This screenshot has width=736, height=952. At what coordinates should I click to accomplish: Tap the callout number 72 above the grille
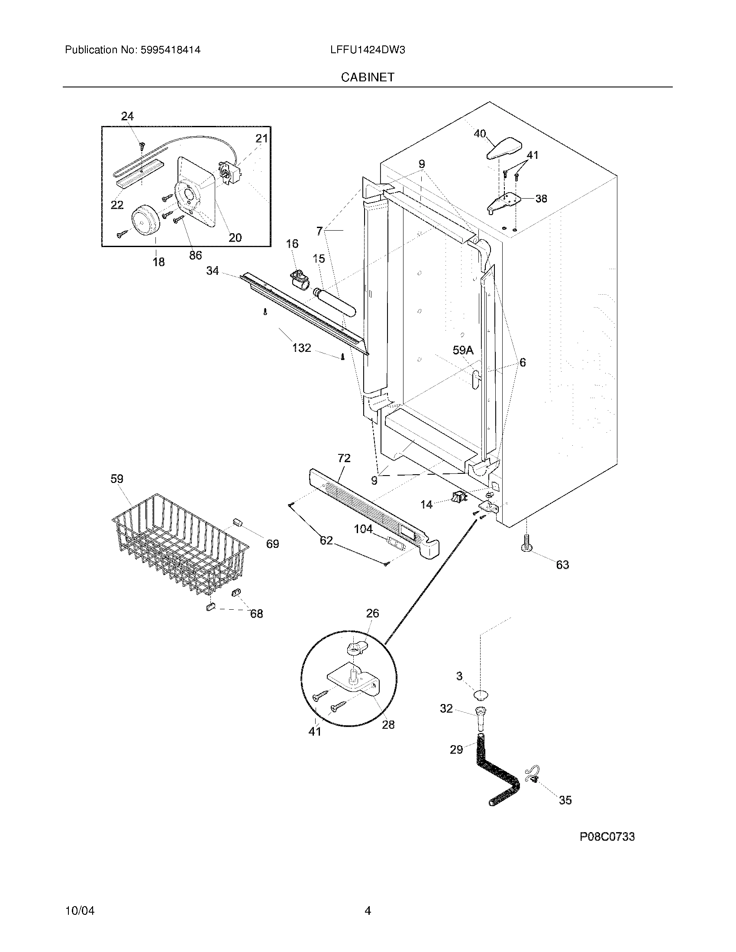[x=344, y=458]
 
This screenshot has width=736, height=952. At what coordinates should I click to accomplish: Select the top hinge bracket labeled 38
[x=505, y=201]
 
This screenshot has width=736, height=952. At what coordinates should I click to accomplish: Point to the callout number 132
[x=302, y=348]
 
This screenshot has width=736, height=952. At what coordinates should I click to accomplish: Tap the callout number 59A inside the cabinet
[x=463, y=351]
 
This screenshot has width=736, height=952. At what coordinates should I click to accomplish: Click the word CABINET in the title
[x=368, y=77]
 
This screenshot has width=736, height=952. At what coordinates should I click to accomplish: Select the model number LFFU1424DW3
[x=368, y=50]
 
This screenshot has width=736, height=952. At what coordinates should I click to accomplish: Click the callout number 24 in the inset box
[x=127, y=116]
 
